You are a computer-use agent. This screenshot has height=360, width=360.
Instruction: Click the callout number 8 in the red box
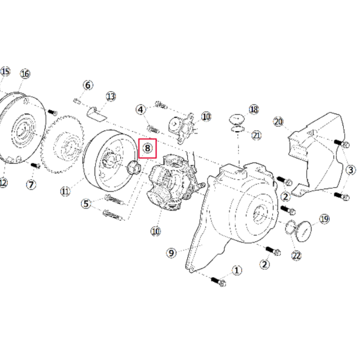[147, 148]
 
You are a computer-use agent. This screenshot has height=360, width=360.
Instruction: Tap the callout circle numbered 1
[237, 271]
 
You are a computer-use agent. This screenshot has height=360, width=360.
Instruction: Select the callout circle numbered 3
[350, 170]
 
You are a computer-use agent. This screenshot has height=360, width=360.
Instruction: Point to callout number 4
[141, 109]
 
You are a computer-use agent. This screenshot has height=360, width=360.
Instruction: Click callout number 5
[85, 204]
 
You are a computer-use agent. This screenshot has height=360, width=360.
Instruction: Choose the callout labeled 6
[88, 85]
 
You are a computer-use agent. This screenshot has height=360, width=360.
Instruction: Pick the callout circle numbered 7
[31, 184]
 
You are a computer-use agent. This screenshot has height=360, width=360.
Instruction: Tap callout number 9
[172, 253]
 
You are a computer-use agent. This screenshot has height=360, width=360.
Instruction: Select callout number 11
[65, 191]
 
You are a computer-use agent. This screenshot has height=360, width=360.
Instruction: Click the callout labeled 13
[110, 97]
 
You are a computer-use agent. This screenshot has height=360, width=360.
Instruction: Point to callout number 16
[25, 74]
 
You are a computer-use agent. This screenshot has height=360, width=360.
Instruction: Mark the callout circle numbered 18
[254, 109]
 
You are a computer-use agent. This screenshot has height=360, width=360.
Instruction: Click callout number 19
[324, 218]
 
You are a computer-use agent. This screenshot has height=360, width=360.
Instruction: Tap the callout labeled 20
[277, 121]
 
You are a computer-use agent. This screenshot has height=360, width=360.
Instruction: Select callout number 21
[256, 135]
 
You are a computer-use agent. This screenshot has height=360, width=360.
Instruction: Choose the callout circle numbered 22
[296, 255]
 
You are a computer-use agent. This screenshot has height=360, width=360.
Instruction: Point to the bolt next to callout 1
[218, 281]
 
